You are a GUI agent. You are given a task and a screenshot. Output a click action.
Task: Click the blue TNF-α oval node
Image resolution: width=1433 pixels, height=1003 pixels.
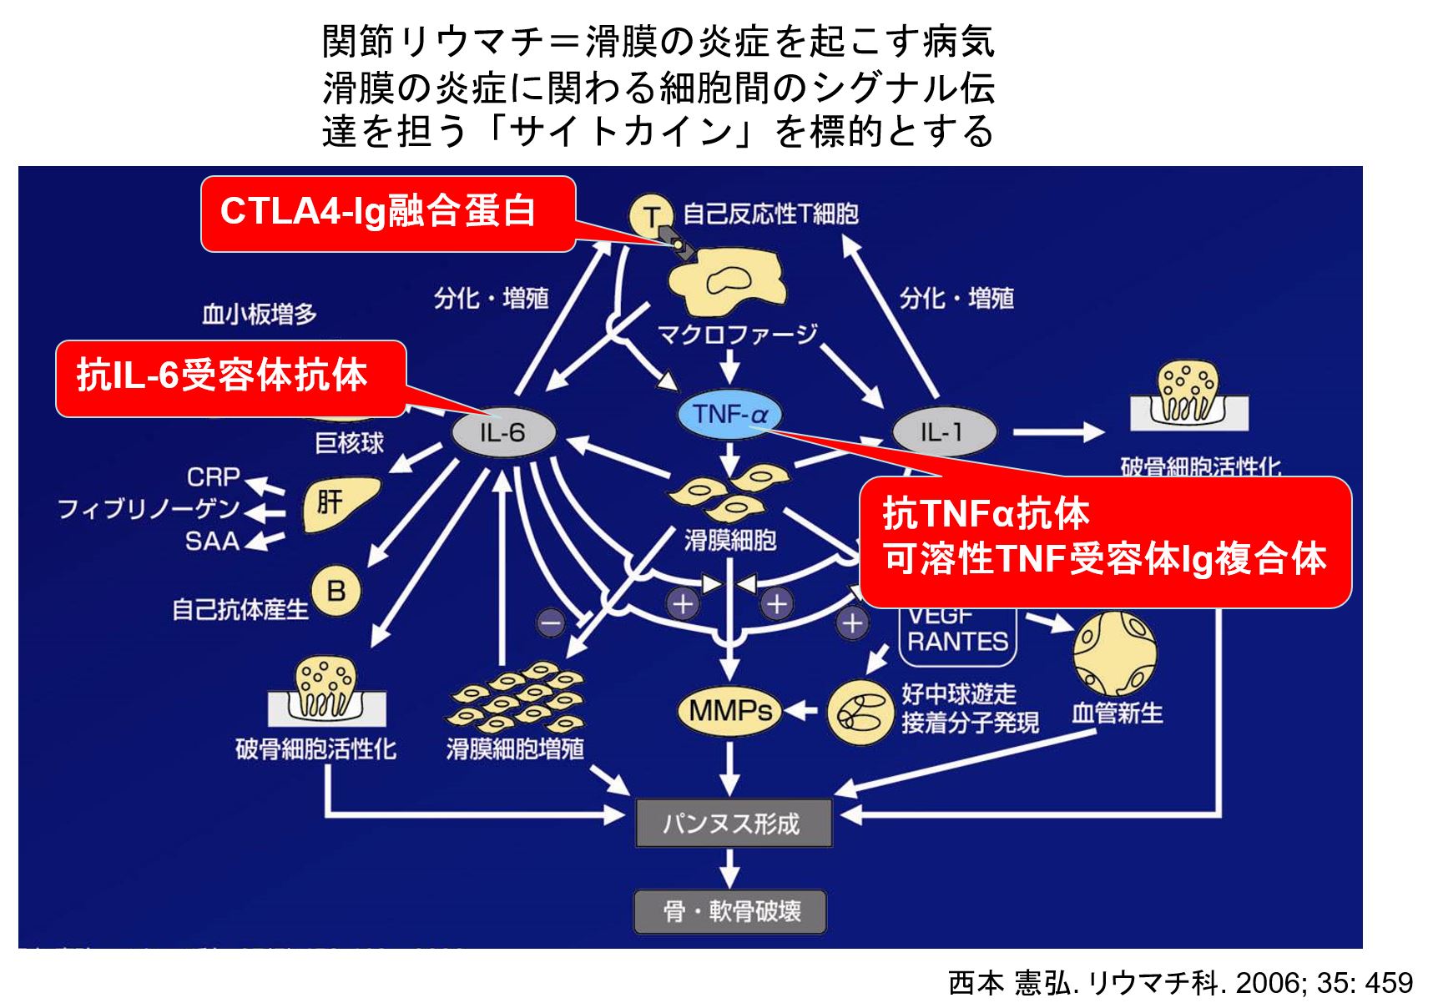tap(729, 414)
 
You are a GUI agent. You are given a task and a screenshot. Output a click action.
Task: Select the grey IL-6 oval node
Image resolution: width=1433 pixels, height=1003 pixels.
tap(502, 432)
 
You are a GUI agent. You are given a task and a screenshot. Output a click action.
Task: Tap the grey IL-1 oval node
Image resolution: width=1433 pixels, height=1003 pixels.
tap(943, 432)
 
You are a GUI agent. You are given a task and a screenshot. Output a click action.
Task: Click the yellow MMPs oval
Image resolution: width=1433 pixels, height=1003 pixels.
tap(729, 711)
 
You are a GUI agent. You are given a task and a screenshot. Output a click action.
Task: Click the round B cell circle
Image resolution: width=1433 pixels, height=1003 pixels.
tap(336, 591)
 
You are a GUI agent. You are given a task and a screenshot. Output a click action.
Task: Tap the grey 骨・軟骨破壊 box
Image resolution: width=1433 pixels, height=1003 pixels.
tap(730, 911)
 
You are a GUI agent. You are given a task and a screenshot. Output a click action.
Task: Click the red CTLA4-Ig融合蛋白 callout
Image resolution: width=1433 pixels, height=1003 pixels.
tap(387, 212)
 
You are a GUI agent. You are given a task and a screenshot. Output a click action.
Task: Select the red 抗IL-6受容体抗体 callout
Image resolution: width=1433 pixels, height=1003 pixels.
tap(230, 377)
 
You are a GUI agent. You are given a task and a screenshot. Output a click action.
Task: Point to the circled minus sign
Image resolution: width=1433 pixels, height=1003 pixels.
tap(551, 622)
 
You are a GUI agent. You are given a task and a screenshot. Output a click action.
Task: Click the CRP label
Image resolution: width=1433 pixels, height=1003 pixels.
tap(213, 476)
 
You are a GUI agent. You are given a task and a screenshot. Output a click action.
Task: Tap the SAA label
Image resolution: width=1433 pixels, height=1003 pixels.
tap(212, 541)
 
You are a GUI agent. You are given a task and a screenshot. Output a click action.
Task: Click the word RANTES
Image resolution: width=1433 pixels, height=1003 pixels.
tap(957, 642)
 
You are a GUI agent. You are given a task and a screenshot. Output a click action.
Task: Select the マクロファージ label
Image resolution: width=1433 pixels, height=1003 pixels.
tap(736, 335)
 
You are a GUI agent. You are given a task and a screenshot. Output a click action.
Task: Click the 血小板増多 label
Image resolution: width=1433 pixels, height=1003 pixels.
tap(260, 314)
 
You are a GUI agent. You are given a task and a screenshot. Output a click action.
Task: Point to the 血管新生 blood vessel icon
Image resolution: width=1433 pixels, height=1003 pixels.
tap(1114, 653)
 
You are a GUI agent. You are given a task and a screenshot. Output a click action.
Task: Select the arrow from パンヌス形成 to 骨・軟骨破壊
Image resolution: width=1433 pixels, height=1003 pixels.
tap(729, 868)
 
